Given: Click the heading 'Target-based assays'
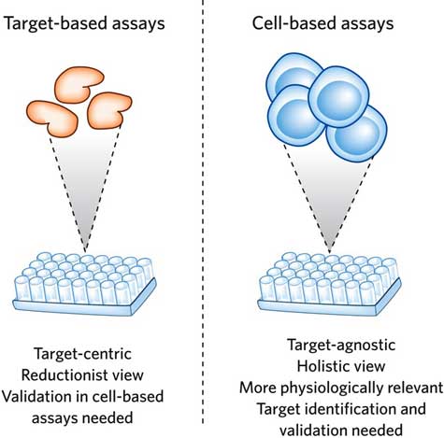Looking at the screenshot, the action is tap(84, 23).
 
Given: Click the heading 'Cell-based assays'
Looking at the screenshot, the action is tap(322, 23).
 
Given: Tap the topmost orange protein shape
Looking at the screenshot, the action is tap(79, 83).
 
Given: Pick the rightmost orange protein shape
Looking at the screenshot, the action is tap(109, 111).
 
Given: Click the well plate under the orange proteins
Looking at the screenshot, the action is tap(84, 283).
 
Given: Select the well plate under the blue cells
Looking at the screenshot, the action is tap(329, 283).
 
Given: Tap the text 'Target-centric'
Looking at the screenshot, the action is tap(82, 354).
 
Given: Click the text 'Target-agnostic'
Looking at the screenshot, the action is tap(341, 346).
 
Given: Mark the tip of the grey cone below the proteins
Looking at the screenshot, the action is tap(85, 251).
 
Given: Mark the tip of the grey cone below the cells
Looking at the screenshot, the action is tap(330, 251).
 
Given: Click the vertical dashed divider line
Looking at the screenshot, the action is tap(203, 212).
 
